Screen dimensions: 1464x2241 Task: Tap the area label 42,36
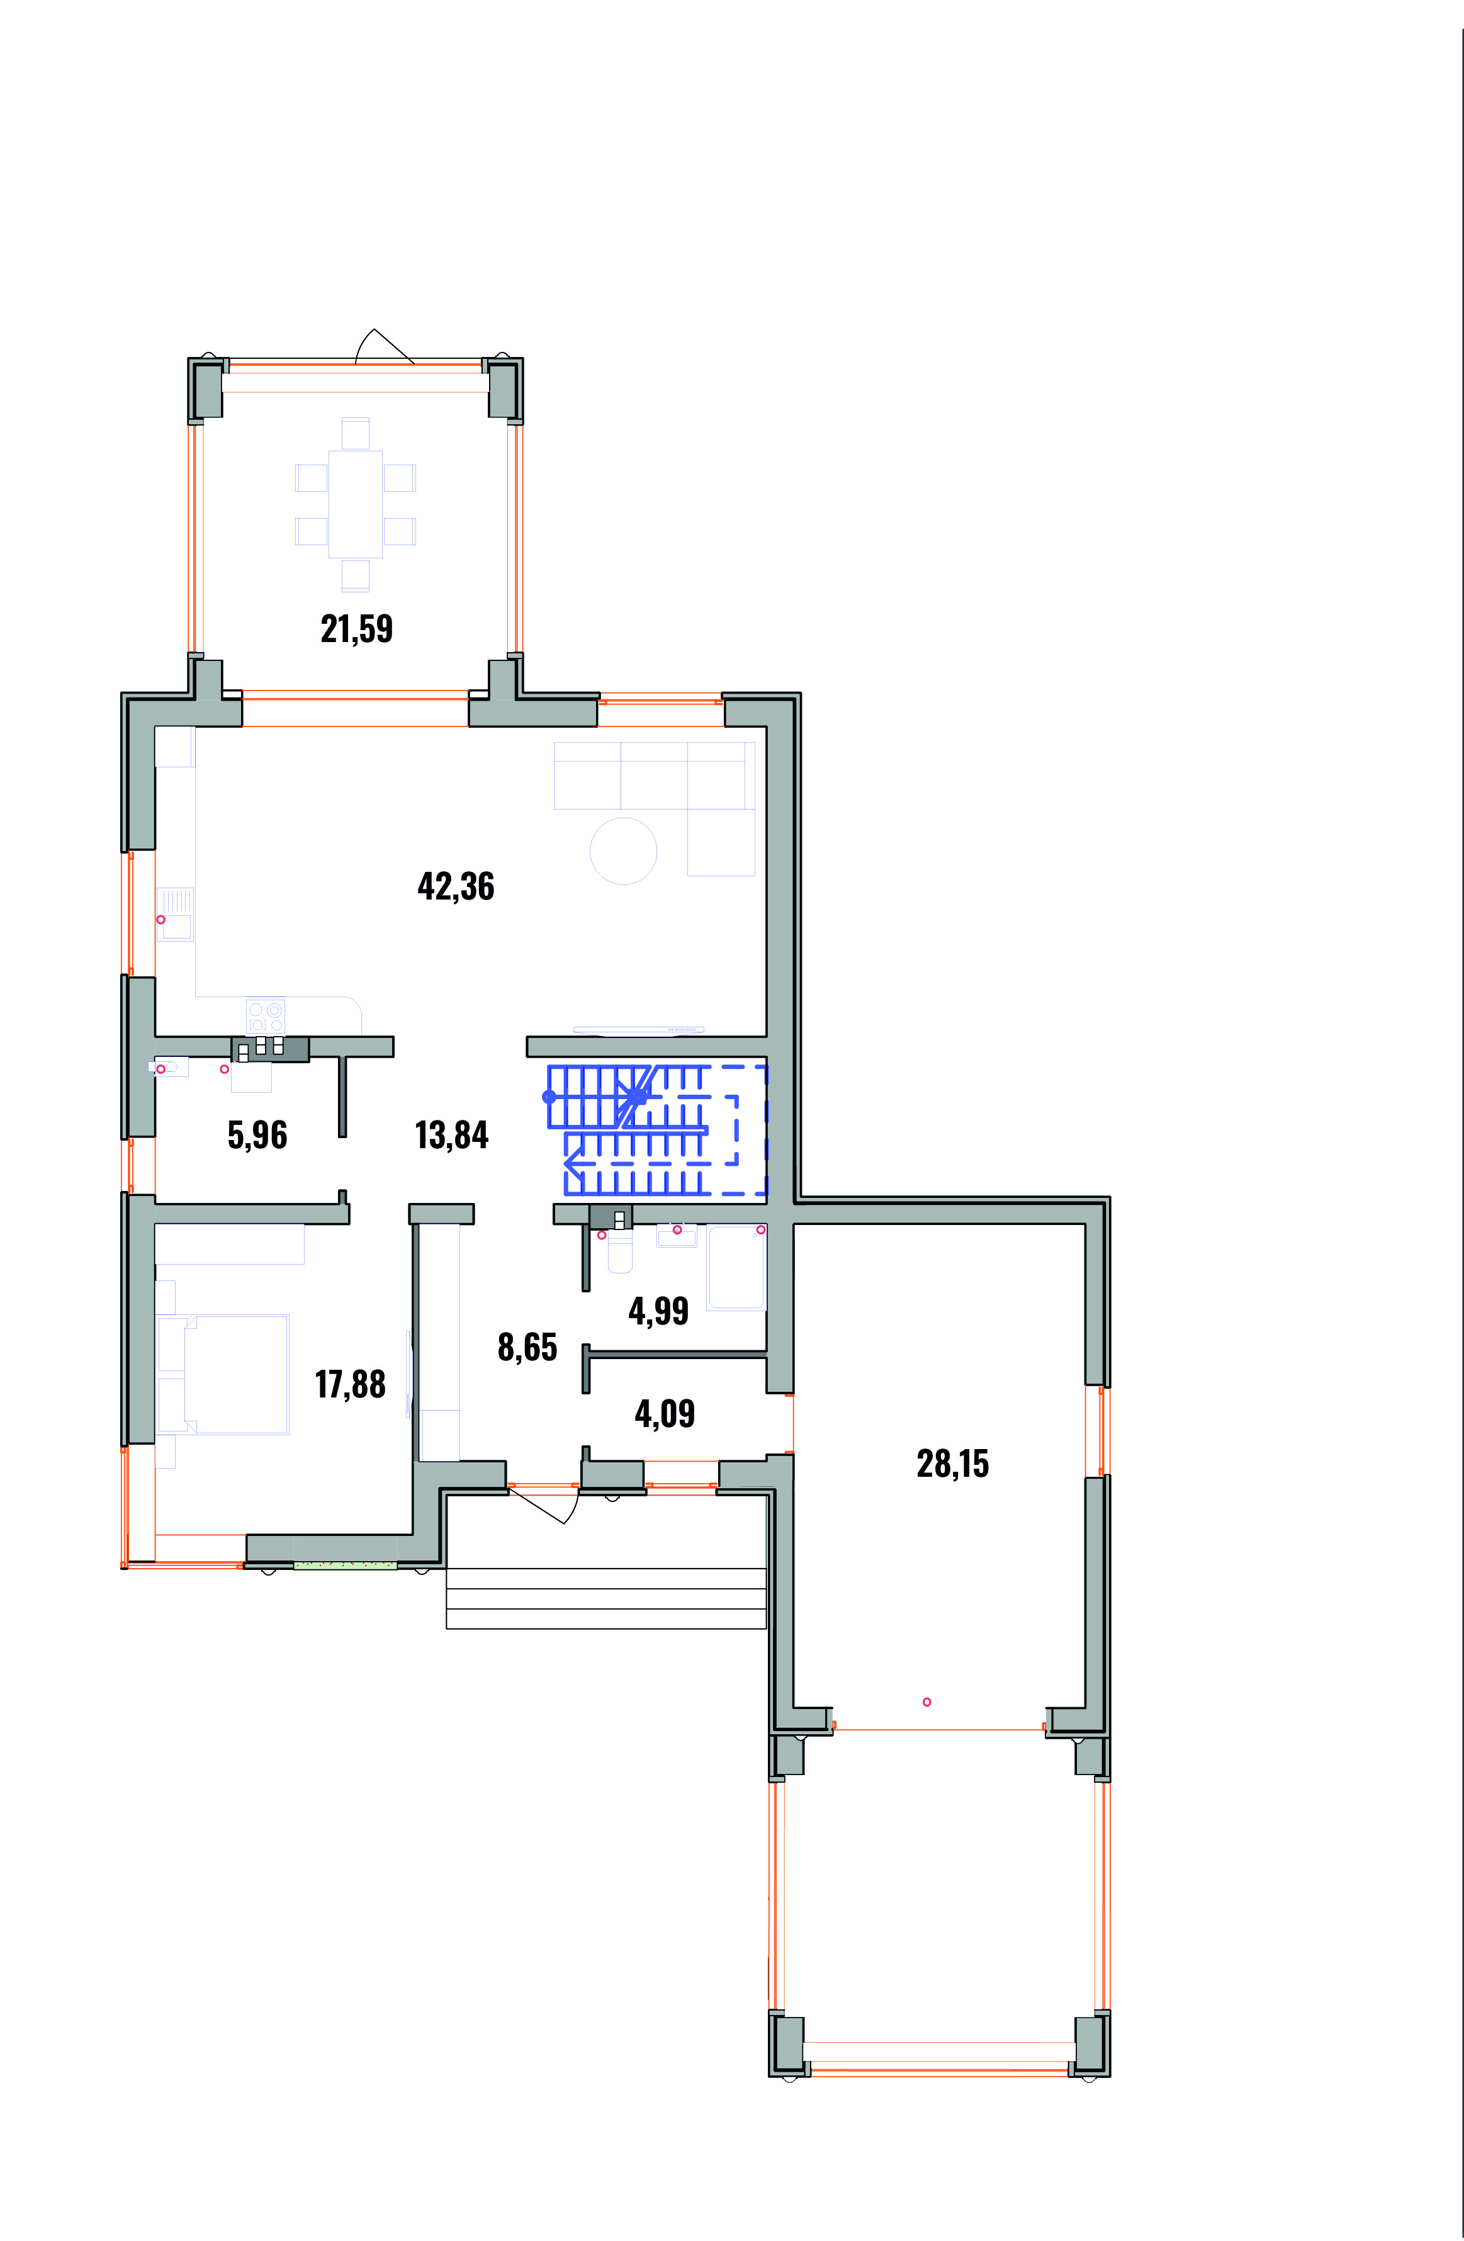coord(456,887)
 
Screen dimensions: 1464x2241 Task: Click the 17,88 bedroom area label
coord(350,1385)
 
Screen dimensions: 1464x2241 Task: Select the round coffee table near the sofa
coord(623,851)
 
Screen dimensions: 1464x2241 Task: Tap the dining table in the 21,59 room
coord(356,505)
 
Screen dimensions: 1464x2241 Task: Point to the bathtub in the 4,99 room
coord(736,1267)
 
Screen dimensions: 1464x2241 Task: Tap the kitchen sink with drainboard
coord(175,914)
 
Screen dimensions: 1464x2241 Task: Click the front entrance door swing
coord(546,1506)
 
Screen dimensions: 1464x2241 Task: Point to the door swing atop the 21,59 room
coord(384,346)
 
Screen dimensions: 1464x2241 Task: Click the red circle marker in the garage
coord(926,1702)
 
